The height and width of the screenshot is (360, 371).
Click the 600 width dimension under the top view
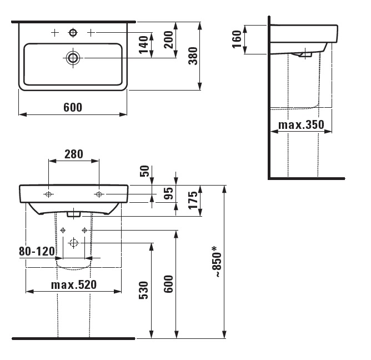pos(73,107)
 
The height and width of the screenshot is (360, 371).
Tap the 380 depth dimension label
pos(193,56)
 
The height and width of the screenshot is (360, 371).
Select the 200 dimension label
pos(169,39)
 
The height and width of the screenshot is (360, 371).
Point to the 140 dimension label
pos(144,45)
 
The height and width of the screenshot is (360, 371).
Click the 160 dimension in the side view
pos(237,39)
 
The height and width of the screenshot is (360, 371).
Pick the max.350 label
pos(301,125)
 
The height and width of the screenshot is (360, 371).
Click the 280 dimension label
pos(74,154)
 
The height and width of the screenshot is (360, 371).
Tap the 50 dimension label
pos(144,171)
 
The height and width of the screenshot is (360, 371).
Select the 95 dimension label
pos(169,193)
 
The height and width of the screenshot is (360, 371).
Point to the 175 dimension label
pos(193,200)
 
